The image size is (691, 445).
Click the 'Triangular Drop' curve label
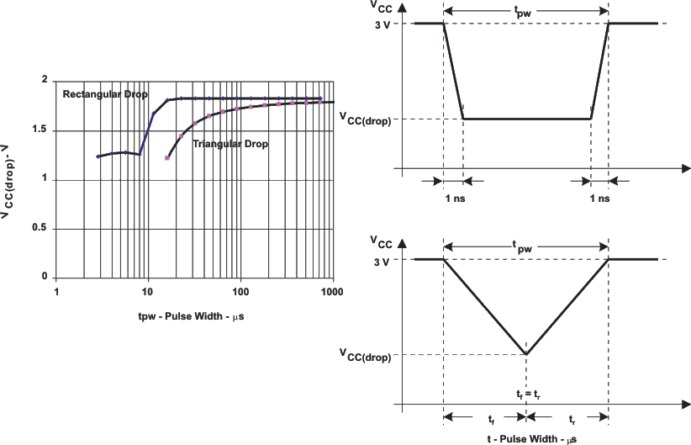(230, 144)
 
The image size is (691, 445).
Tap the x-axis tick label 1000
(334, 292)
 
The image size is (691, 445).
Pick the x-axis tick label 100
(240, 292)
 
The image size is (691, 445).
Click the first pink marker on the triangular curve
(167, 157)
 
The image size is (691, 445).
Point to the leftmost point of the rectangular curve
(98, 156)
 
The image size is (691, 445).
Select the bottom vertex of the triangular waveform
(526, 354)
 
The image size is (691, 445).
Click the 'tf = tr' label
(526, 393)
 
